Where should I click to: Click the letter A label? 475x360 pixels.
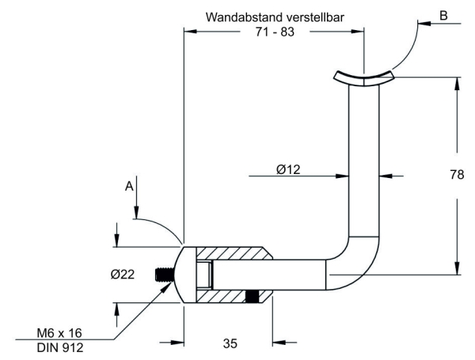pyautogui.click(x=128, y=187)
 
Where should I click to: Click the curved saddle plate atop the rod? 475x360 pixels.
pyautogui.click(x=363, y=77)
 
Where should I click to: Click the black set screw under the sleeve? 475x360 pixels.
pyautogui.click(x=253, y=297)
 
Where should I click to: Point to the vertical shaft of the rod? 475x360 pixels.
pyautogui.click(x=364, y=158)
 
